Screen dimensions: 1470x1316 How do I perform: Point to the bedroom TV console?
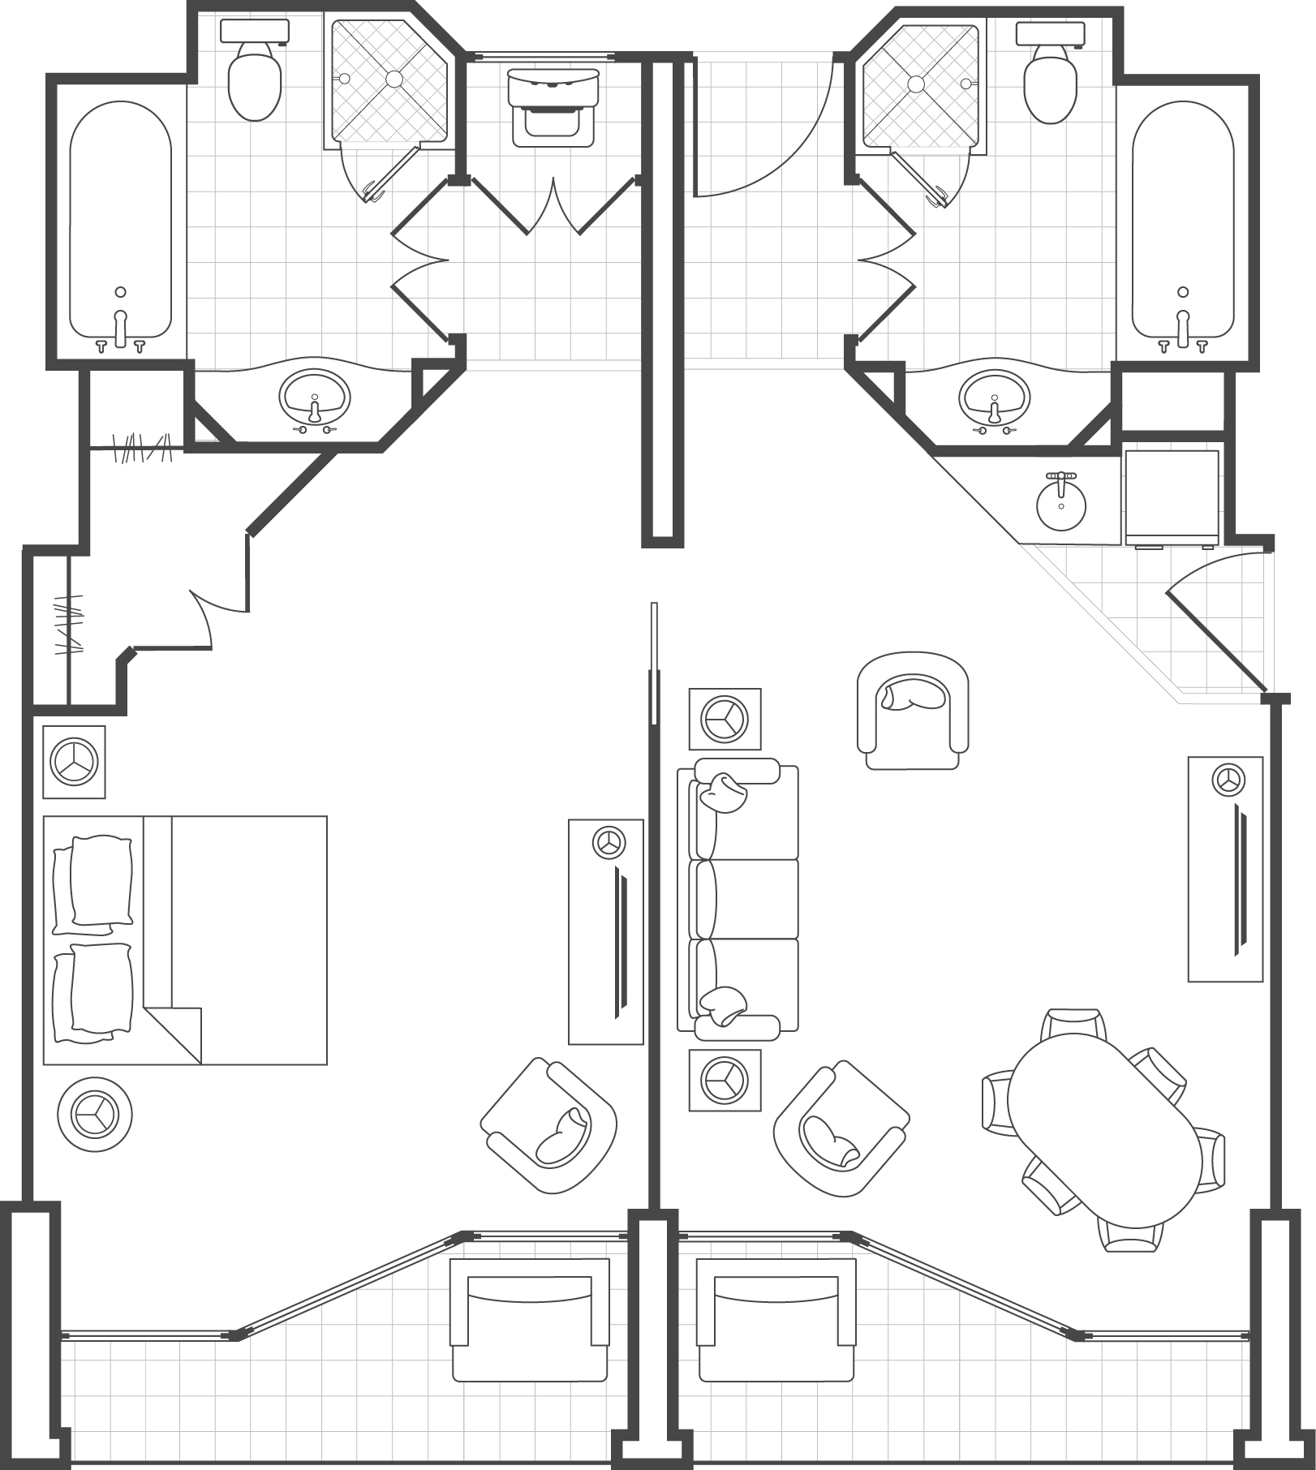(605, 931)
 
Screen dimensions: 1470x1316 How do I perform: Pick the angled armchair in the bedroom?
(548, 1126)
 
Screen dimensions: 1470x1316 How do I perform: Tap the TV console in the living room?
(1225, 868)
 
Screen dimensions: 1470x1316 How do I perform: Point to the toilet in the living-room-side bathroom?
(1050, 77)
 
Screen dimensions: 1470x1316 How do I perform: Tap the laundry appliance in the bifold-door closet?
(553, 107)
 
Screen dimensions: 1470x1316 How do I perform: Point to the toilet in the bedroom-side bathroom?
(254, 77)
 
